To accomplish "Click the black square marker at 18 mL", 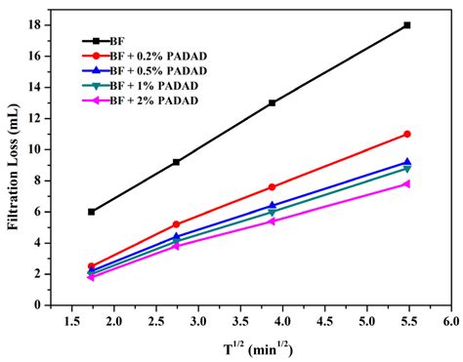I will [x=407, y=25].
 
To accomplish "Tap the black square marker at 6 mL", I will [x=92, y=212].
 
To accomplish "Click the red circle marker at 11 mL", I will [x=407, y=134].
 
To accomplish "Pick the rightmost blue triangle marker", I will [x=407, y=162].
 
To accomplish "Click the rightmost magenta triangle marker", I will [x=407, y=183].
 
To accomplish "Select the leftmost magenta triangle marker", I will [x=92, y=277].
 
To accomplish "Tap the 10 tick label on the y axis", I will [x=54, y=149].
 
